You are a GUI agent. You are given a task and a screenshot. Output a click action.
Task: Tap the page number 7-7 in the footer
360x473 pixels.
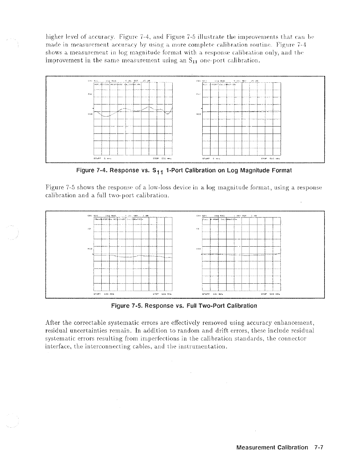coord(319,447)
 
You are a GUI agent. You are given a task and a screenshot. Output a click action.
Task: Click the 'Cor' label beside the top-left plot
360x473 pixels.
coord(88,94)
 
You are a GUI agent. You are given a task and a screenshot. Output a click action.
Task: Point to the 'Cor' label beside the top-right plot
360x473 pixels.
coord(197,94)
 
